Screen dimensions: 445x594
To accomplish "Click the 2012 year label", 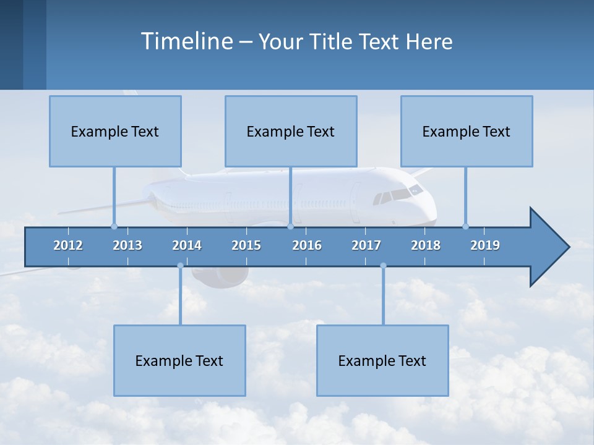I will tap(68, 245).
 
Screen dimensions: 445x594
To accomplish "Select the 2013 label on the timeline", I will tap(127, 245).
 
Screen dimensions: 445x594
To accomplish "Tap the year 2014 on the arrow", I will tap(187, 245).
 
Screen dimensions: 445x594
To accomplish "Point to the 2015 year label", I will tap(246, 245).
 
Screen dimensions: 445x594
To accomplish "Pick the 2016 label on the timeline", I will tap(307, 245).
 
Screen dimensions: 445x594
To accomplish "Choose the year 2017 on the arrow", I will tap(366, 245).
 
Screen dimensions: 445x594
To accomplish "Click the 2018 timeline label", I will tap(426, 245).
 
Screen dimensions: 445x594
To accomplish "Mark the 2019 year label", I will tap(485, 245).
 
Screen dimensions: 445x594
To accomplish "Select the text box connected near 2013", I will tap(115, 131).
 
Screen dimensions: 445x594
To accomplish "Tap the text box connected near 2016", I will tap(291, 131).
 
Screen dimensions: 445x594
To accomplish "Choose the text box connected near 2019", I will tap(467, 131).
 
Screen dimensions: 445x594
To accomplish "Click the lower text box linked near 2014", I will tap(179, 360).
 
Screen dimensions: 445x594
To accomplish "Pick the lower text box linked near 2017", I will tap(382, 360).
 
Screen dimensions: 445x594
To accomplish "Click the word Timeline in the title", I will tap(186, 41).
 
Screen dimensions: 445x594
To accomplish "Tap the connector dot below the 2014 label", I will tap(180, 266).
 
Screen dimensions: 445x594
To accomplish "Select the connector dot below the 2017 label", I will tap(383, 266).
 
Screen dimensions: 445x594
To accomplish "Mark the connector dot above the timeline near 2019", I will tap(465, 226).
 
